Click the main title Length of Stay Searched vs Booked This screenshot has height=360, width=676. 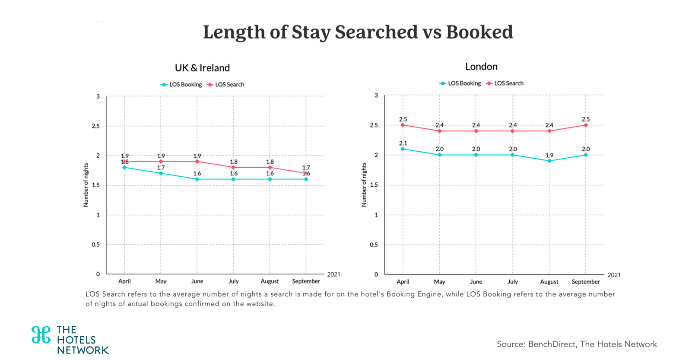(x=358, y=32)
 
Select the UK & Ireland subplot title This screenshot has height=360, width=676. (x=202, y=68)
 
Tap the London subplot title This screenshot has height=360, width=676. (x=481, y=67)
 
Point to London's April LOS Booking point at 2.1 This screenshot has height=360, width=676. (x=403, y=149)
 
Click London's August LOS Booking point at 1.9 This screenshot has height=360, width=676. (x=549, y=161)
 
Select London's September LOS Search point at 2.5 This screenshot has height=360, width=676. (x=586, y=125)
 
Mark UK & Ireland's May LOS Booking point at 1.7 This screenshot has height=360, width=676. (x=161, y=173)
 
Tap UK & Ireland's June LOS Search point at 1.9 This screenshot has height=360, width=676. (x=197, y=162)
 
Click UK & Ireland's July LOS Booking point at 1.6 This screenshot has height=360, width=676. (x=234, y=179)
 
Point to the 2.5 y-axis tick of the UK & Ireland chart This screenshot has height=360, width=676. (x=95, y=126)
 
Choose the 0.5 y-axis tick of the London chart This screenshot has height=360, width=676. (x=374, y=245)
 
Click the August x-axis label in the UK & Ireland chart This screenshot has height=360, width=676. (x=270, y=281)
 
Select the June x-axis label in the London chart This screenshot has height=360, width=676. (x=476, y=282)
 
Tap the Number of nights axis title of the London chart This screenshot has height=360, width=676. (x=364, y=185)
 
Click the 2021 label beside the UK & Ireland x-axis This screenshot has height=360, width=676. (x=333, y=274)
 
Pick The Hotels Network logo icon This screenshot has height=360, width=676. (x=41, y=335)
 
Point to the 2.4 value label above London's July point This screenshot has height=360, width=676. (x=513, y=125)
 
